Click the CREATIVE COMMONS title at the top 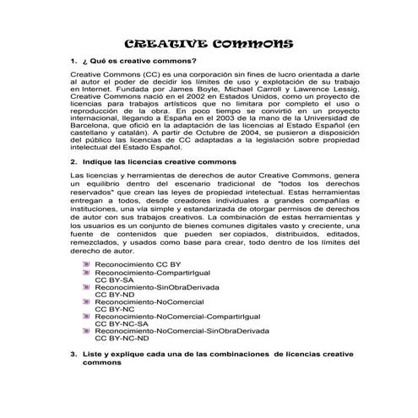coord(209,44)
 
